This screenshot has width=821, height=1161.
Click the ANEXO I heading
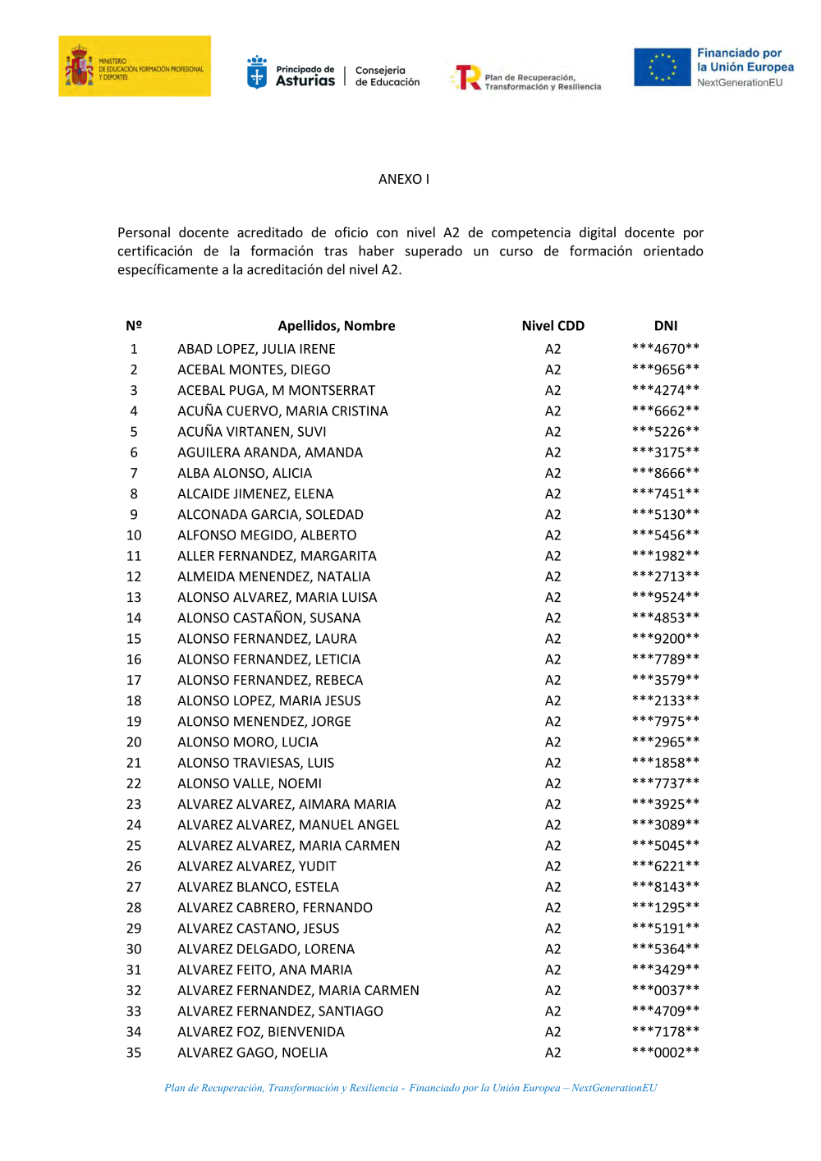point(403,179)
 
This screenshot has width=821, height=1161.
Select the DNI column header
point(665,326)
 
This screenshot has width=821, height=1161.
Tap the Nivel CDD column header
point(553,326)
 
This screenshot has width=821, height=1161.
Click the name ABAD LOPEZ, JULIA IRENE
point(256,349)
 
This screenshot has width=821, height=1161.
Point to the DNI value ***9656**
point(665,369)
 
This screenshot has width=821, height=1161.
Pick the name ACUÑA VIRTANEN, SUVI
point(251,432)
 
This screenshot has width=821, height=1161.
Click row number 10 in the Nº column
point(134,535)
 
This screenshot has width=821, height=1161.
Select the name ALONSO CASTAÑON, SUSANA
point(268,618)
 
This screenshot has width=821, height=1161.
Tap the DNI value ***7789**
point(665,659)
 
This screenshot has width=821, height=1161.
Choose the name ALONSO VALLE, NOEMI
point(250,783)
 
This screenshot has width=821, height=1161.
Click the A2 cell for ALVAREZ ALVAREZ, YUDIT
point(553,866)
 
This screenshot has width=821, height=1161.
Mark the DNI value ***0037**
point(665,990)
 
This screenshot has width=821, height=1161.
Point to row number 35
point(134,1053)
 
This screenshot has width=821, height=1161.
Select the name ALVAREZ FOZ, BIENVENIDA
point(260,1032)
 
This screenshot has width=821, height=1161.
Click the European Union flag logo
point(662,67)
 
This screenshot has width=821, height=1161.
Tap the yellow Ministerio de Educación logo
point(134,67)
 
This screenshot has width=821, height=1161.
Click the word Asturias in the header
point(305,81)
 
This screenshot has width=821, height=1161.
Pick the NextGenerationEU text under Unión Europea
point(740,83)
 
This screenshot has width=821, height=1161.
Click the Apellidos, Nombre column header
point(336,326)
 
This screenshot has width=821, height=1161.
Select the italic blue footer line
point(410,1088)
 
